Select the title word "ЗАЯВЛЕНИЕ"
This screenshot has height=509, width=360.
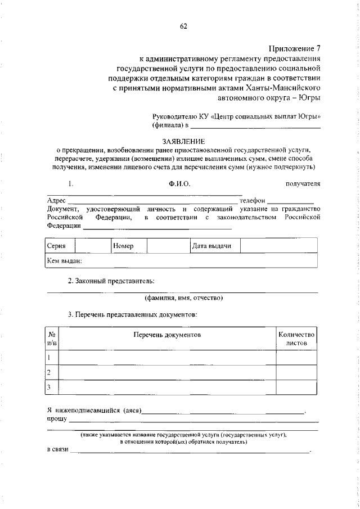coord(183,141)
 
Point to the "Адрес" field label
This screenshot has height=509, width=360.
coord(56,201)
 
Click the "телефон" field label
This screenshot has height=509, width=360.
coord(251,201)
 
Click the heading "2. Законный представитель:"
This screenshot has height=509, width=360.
coord(111,281)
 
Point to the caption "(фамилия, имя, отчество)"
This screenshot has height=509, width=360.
coord(183,298)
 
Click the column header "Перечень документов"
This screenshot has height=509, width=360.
coord(167,335)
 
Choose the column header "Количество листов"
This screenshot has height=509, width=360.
coord(296,338)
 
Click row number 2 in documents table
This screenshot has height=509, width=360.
coord(49,372)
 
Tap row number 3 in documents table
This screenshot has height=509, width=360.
coord(49,387)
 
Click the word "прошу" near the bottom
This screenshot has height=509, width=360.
coord(57,419)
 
